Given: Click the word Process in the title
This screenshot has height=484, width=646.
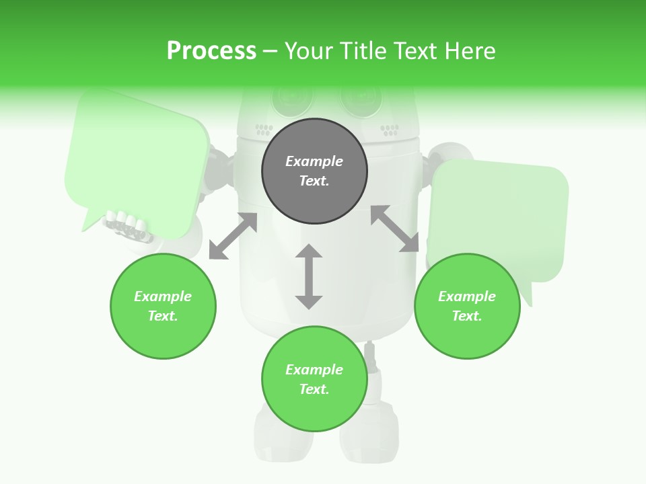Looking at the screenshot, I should (211, 51).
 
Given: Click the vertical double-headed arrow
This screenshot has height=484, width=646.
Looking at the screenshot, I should (309, 277).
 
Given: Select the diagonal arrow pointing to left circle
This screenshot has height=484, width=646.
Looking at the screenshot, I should (233, 236).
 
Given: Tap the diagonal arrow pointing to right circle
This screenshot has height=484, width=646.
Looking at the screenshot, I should (394, 229).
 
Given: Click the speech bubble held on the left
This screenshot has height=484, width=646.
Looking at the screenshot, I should (138, 161).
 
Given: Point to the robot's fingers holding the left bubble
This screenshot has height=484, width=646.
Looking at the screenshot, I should (127, 225).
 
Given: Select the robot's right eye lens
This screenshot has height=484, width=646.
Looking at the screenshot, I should (360, 99).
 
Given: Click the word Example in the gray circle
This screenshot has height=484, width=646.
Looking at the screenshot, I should (314, 161).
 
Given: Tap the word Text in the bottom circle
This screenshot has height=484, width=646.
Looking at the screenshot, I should (314, 389).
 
